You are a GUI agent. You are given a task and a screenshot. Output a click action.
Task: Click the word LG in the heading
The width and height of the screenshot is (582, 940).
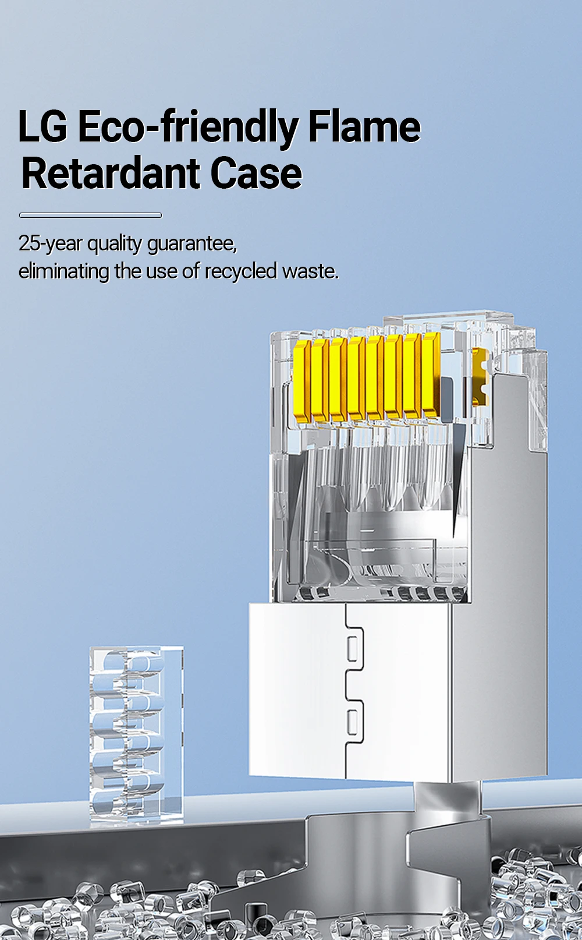point(42,126)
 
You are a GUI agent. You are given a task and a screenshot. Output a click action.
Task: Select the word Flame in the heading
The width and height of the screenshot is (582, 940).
point(364,126)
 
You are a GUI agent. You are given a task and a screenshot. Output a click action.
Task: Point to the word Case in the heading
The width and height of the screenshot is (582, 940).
point(256,174)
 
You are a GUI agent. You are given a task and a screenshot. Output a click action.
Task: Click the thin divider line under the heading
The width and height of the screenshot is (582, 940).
point(90,215)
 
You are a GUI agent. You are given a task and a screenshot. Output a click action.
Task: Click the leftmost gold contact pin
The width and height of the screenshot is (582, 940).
point(301,381)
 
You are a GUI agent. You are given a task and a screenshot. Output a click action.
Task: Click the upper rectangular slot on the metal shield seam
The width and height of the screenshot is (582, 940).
point(352,648)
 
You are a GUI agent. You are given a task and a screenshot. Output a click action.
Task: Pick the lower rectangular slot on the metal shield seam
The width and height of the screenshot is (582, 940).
point(352,722)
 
